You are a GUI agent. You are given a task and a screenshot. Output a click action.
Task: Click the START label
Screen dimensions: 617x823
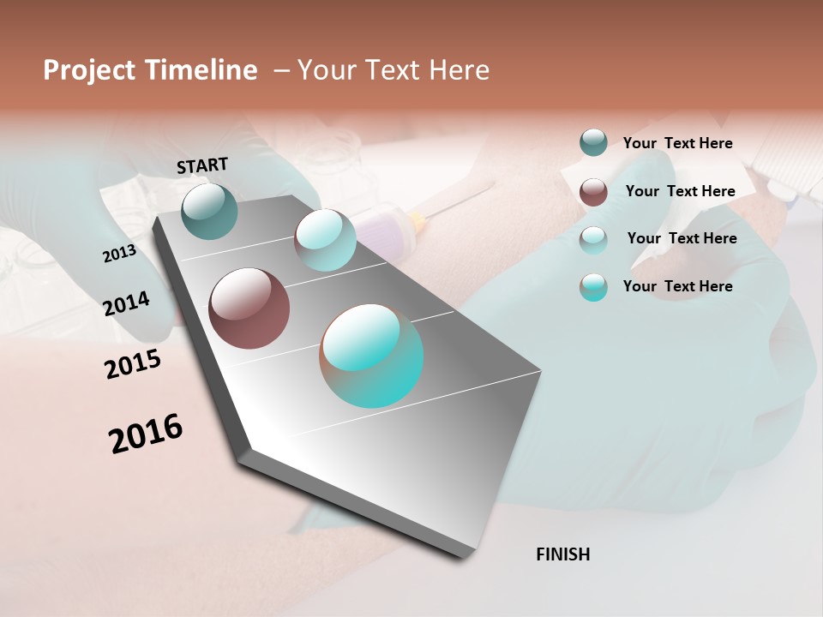202,165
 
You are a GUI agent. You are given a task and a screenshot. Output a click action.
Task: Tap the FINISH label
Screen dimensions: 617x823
562,554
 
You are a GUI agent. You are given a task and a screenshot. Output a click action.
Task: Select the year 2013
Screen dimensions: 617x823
119,254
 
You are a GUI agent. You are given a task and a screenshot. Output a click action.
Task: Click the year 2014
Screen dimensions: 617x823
126,304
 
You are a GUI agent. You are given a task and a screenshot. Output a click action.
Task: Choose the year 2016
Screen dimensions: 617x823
146,434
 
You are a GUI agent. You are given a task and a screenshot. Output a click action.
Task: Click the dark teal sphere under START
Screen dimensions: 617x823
209,211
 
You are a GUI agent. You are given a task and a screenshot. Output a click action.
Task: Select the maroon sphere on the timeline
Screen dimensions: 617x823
249,308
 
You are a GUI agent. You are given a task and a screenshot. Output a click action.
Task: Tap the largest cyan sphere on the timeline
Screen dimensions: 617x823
371,356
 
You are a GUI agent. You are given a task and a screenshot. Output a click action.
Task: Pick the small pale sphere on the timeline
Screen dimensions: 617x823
325,240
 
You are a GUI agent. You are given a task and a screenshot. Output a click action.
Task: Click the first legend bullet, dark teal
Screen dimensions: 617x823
593,142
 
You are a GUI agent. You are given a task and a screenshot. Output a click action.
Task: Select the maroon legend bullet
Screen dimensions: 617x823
593,192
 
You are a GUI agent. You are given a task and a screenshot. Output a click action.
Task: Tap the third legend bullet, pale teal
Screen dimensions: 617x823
593,239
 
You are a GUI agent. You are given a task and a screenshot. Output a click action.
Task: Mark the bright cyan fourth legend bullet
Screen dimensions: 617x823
593,287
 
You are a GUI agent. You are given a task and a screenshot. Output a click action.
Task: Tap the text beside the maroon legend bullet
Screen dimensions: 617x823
680,191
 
